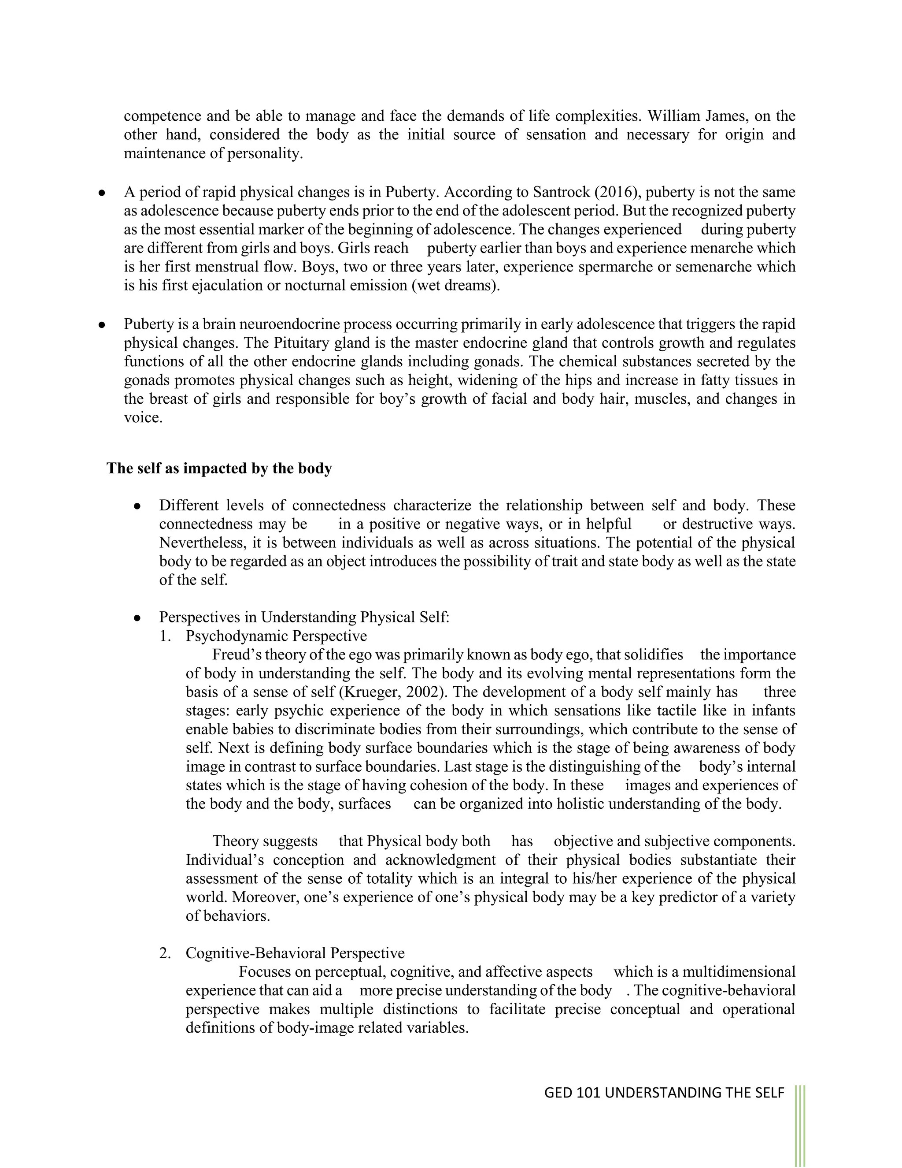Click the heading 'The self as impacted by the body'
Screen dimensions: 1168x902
click(x=219, y=469)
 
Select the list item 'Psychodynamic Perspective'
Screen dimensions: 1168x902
click(x=276, y=636)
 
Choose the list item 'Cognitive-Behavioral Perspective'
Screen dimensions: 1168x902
click(x=295, y=953)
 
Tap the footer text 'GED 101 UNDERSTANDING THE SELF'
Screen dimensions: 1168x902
click(x=664, y=1093)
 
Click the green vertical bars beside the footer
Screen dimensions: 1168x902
click(x=799, y=1123)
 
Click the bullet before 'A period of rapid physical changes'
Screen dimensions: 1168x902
click(x=101, y=193)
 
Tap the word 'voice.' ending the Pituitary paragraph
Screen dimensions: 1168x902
click(x=143, y=418)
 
